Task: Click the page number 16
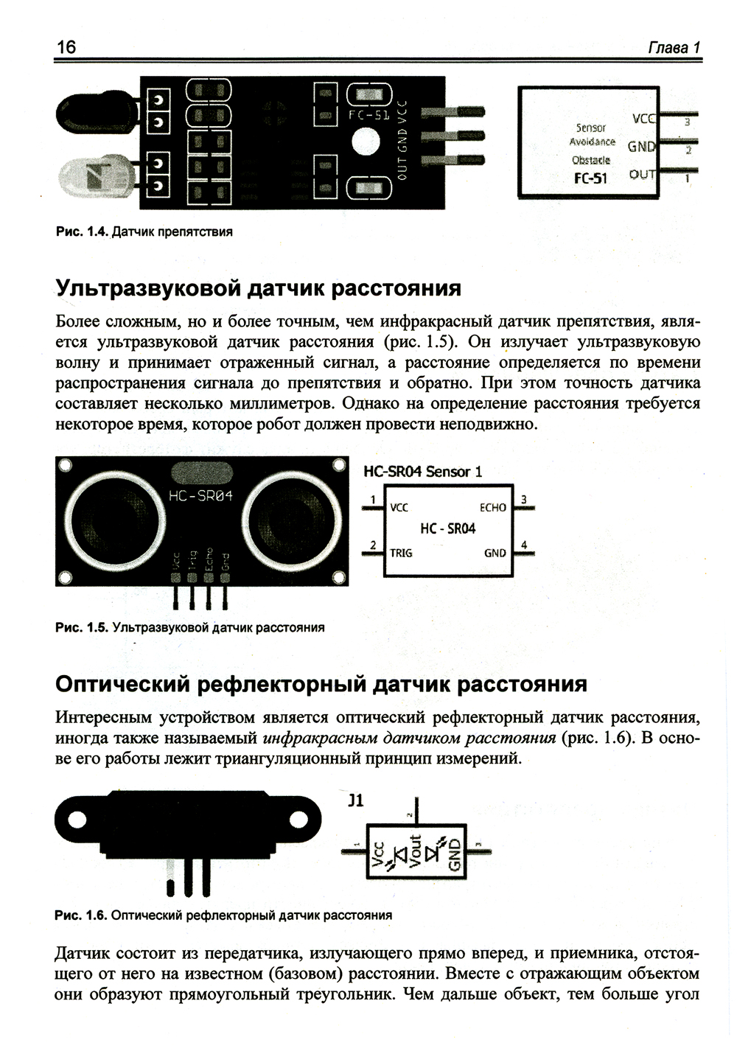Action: [66, 47]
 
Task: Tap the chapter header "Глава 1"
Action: [674, 48]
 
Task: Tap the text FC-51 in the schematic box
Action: [590, 179]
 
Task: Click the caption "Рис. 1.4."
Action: [83, 231]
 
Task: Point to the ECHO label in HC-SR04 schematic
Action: [493, 508]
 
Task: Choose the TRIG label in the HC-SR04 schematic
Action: [400, 554]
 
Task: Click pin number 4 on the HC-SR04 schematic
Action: [524, 545]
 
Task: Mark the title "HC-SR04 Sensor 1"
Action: [422, 472]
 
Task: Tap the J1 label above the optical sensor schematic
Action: [356, 800]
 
